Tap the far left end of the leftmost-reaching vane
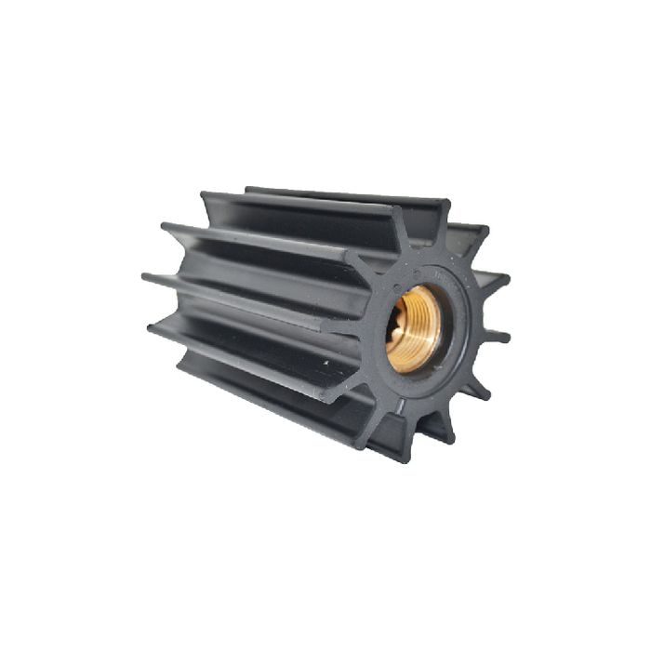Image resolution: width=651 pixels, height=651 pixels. (145, 276)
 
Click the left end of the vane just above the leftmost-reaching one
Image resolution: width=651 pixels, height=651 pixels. (165, 225)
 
